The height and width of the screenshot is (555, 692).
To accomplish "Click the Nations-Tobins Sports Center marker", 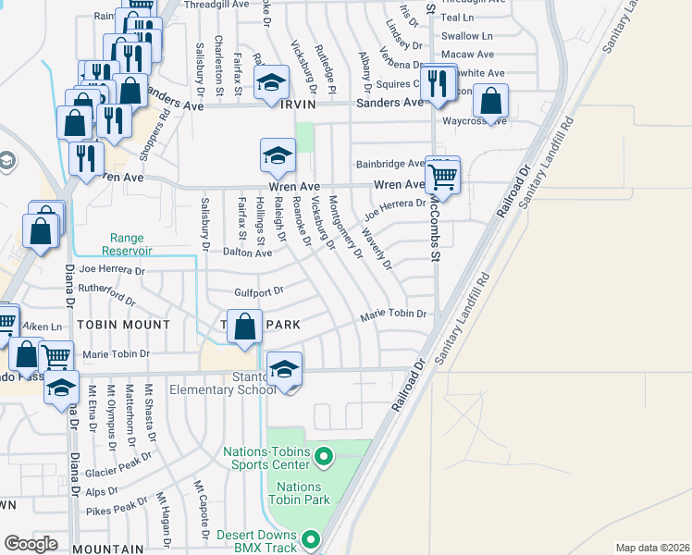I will click(x=324, y=455).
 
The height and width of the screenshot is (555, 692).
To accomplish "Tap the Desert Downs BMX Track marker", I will click(x=312, y=537).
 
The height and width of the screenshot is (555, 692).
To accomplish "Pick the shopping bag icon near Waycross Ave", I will click(x=492, y=100).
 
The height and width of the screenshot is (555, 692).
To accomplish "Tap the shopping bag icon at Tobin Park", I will click(x=244, y=327).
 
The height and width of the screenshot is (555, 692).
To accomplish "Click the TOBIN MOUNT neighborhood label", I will click(x=123, y=325).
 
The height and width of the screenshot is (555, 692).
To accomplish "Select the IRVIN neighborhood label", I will click(x=298, y=105).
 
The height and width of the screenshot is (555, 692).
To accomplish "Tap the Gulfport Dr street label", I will click(x=257, y=292).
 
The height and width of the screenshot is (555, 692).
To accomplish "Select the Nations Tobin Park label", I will click(x=299, y=493).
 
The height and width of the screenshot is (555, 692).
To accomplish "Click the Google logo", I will click(x=31, y=544).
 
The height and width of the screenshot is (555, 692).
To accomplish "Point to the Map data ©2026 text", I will click(x=651, y=548).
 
